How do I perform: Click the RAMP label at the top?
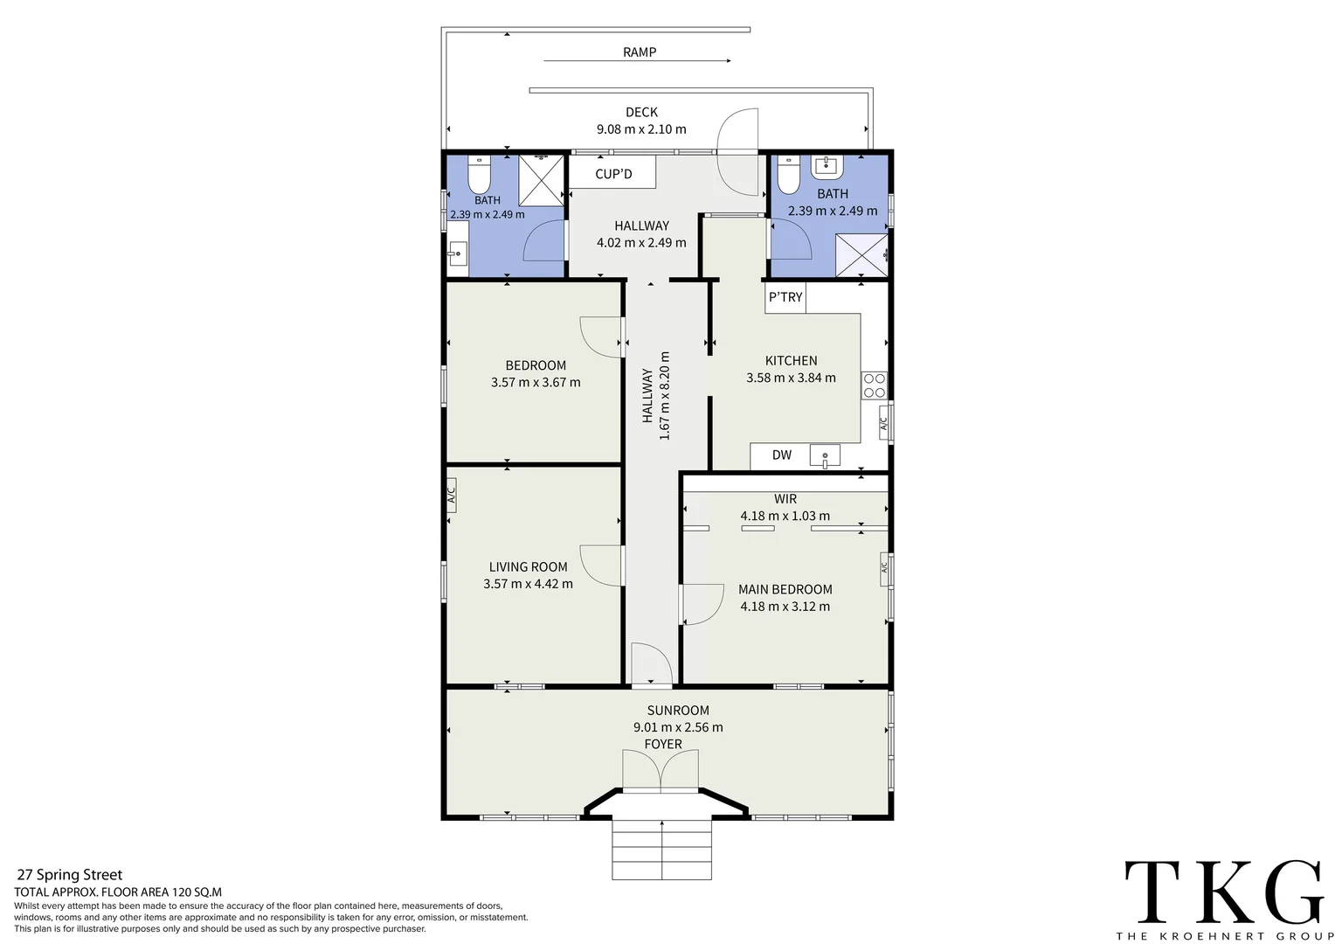click(639, 52)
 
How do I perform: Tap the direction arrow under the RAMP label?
click(637, 61)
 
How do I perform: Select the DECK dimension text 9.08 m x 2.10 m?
click(641, 129)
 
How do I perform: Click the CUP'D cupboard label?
click(612, 174)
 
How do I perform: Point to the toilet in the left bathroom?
click(478, 176)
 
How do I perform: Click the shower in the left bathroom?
click(541, 180)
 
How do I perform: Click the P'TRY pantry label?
click(785, 297)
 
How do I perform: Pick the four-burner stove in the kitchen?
click(875, 385)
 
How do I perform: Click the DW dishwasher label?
click(781, 455)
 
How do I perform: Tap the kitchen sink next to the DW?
click(824, 455)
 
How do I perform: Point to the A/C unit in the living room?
click(452, 496)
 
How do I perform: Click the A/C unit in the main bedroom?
click(884, 568)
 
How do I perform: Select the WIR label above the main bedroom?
click(785, 499)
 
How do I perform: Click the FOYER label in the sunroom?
click(662, 745)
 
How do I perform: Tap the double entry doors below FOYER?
click(661, 771)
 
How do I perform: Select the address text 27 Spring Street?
click(70, 875)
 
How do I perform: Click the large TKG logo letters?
click(1223, 892)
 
